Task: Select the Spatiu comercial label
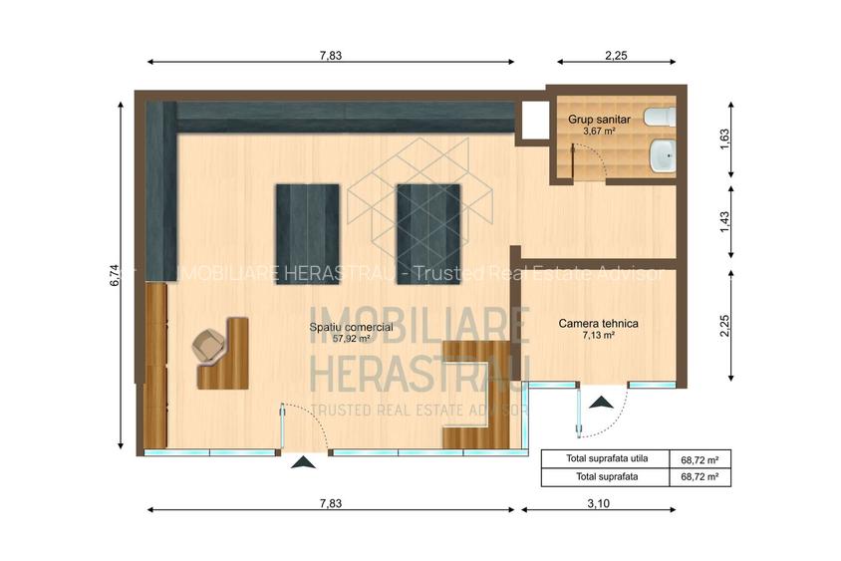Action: [x=350, y=326]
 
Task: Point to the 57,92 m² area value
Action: [x=350, y=338]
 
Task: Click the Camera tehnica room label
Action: [x=598, y=324]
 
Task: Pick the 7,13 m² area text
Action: [x=598, y=336]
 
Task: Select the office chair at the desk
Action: [x=209, y=346]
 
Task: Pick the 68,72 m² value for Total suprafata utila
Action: [x=700, y=459]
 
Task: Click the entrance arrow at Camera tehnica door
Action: [x=602, y=403]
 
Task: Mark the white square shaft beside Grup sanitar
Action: [x=531, y=120]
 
